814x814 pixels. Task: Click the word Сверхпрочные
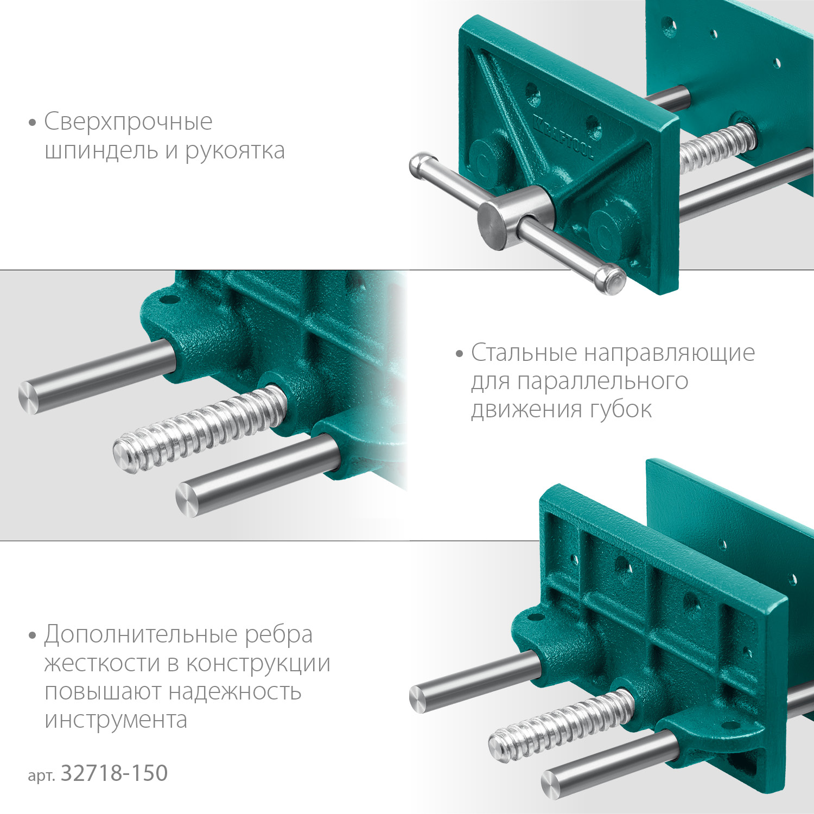pyautogui.click(x=128, y=122)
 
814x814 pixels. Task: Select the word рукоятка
pyautogui.click(x=235, y=151)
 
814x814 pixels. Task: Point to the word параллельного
pyautogui.click(x=602, y=381)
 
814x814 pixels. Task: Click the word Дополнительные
pyautogui.click(x=141, y=634)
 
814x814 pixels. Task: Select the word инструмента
pyautogui.click(x=116, y=720)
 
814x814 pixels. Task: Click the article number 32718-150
pyautogui.click(x=114, y=773)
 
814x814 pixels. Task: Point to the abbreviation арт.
pyautogui.click(x=41, y=775)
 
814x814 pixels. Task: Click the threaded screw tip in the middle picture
pyautogui.click(x=126, y=453)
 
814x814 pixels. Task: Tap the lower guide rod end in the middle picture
pyautogui.click(x=187, y=500)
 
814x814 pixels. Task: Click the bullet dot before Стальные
pyautogui.click(x=460, y=354)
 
